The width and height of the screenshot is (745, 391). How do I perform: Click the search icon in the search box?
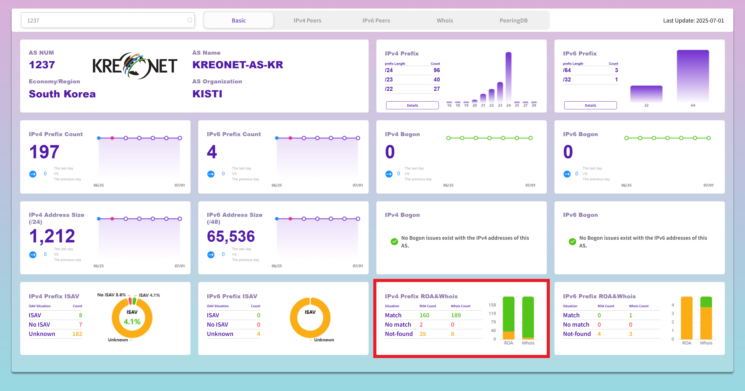(190, 20)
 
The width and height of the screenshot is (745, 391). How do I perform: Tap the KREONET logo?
(135, 66)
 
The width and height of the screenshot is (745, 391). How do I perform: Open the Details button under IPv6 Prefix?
(590, 105)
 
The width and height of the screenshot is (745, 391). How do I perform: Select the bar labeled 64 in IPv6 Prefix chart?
(693, 76)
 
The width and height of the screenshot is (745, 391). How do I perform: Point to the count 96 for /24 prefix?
(436, 70)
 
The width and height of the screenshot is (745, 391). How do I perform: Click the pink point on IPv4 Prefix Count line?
(112, 138)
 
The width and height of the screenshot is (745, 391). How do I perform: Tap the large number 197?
(44, 152)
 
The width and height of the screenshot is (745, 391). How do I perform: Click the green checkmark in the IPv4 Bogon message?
(394, 241)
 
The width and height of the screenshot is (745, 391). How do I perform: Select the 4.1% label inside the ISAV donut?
(132, 322)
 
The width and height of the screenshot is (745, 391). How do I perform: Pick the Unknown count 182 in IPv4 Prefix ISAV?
(77, 334)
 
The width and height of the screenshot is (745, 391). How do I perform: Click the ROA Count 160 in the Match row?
(424, 315)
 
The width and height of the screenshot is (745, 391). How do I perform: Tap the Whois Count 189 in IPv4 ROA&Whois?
(456, 315)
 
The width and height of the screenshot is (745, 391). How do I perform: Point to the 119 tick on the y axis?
(492, 313)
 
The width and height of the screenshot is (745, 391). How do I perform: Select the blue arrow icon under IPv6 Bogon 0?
(567, 174)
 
